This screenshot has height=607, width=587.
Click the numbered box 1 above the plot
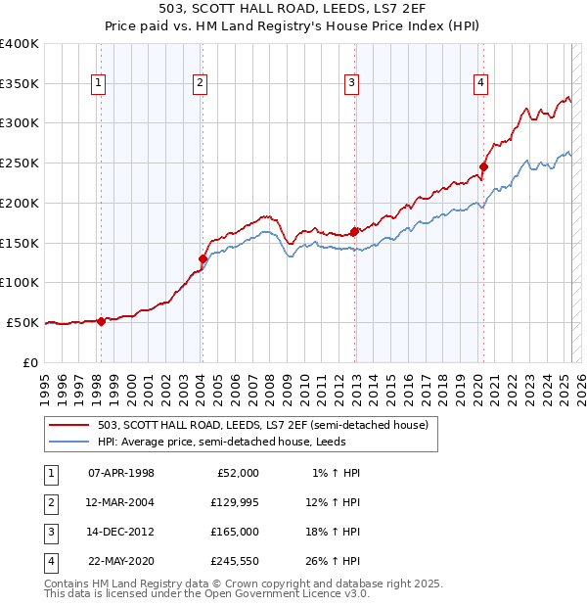click(x=100, y=84)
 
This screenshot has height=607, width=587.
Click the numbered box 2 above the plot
click(x=200, y=84)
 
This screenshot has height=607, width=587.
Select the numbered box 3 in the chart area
click(x=351, y=84)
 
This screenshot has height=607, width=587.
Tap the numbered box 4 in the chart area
click(x=481, y=84)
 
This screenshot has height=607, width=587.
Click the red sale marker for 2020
click(x=483, y=167)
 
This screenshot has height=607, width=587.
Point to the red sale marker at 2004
click(x=203, y=259)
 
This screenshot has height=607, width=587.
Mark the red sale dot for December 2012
click(x=354, y=232)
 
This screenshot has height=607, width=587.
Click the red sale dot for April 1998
click(x=101, y=321)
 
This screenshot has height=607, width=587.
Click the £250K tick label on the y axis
click(x=20, y=163)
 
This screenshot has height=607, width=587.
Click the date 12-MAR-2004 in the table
click(x=121, y=502)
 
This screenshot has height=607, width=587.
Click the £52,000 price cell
click(x=235, y=473)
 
